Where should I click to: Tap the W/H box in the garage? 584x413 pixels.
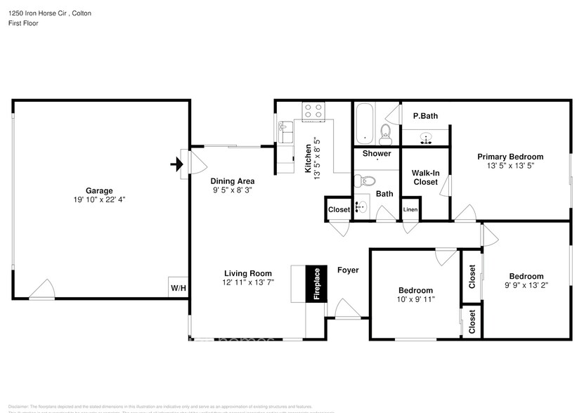point(177,287)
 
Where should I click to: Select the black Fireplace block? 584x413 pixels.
point(316,284)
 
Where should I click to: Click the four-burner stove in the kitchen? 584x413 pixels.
point(313,110)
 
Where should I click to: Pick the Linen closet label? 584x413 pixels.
point(410,209)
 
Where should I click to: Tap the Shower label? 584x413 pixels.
point(377,153)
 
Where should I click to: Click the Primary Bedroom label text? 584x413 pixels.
point(510,157)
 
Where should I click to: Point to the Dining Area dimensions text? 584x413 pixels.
point(232,190)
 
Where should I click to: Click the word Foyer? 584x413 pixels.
point(348,270)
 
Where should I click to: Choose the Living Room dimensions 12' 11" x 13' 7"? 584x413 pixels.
point(249,282)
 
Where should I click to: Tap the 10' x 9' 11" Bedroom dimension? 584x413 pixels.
point(415,299)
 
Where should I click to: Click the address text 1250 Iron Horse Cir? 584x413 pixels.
point(36,13)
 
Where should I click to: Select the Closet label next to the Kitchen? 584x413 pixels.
point(339,209)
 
